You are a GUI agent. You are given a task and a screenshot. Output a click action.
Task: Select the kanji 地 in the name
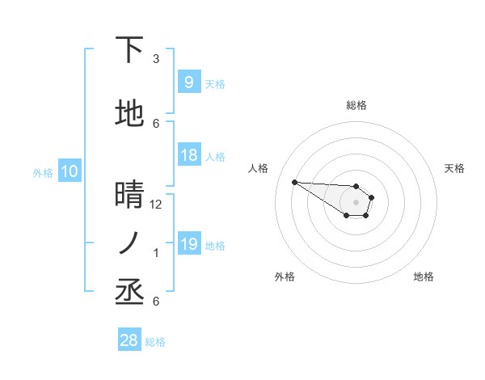129,114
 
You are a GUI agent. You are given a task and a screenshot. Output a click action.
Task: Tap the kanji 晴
129,195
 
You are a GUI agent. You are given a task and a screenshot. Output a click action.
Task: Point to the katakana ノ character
129,243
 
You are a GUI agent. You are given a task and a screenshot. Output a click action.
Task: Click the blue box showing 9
188,82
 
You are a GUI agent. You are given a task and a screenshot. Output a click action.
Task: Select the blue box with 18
188,155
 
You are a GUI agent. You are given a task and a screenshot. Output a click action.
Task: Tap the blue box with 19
188,244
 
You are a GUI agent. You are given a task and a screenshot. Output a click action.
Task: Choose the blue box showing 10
69,171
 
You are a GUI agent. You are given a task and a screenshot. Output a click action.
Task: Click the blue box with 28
129,341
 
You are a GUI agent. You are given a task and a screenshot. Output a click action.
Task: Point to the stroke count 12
156,205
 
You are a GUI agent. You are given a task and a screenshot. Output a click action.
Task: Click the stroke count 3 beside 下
156,59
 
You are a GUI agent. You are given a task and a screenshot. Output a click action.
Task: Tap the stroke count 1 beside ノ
156,253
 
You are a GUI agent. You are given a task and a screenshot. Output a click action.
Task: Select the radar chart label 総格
356,105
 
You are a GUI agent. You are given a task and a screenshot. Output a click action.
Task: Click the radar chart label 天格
454,168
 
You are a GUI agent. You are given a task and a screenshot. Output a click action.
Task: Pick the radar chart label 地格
424,277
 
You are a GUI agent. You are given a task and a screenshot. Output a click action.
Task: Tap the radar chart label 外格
285,277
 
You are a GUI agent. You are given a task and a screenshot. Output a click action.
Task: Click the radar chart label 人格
259,168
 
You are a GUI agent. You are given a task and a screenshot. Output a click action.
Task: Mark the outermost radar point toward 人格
294,182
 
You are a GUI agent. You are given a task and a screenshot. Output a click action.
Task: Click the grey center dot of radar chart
356,202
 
